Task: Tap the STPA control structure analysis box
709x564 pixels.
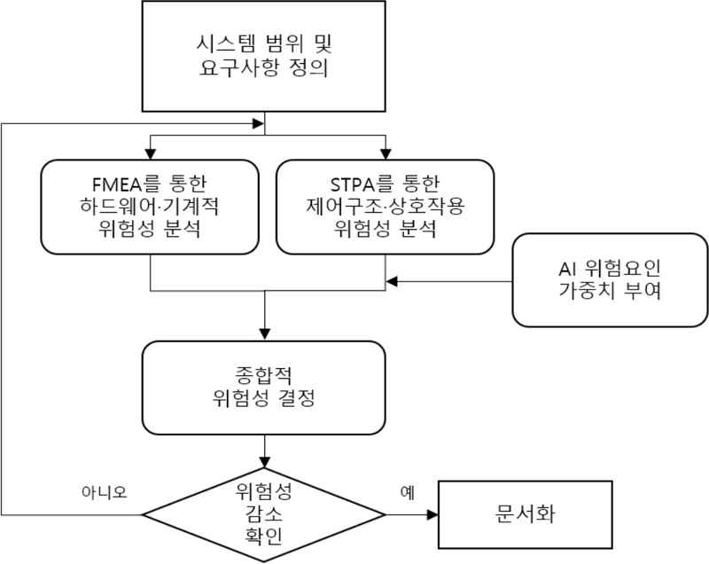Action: click(x=386, y=206)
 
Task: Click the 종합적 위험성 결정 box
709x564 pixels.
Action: click(x=264, y=383)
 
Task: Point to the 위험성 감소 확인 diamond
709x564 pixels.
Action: click(x=264, y=514)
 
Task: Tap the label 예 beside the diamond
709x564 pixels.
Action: click(x=408, y=490)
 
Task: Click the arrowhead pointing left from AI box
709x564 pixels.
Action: click(x=391, y=282)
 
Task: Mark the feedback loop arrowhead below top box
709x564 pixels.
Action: click(x=259, y=123)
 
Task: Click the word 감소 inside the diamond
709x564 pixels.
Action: click(x=264, y=514)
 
